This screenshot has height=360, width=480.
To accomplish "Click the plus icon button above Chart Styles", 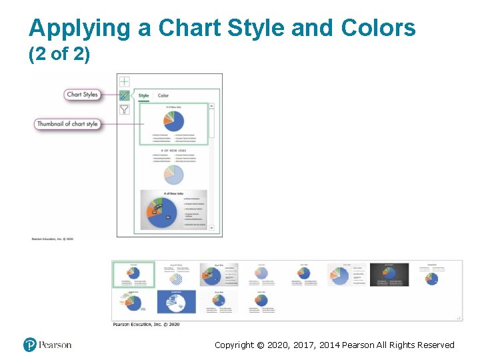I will (x=124, y=81).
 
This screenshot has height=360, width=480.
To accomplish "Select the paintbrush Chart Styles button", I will (x=124, y=95).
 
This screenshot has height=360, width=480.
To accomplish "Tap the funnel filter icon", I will (x=124, y=109).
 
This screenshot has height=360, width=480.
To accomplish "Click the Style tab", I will (x=143, y=96).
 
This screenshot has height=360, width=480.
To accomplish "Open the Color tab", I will (x=163, y=96).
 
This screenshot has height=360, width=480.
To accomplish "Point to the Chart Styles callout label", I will (x=83, y=95).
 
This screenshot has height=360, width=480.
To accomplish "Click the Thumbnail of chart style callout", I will (x=67, y=124).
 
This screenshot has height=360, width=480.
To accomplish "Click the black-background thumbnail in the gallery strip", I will (x=389, y=275).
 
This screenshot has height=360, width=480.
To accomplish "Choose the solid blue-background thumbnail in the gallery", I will (x=177, y=301).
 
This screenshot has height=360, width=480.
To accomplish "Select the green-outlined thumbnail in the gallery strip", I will (x=133, y=275).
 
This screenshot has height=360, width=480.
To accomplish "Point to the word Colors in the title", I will (x=378, y=28).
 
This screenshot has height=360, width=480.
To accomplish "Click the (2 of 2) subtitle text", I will (x=59, y=53).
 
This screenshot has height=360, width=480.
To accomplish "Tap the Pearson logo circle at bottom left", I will (x=29, y=345).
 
